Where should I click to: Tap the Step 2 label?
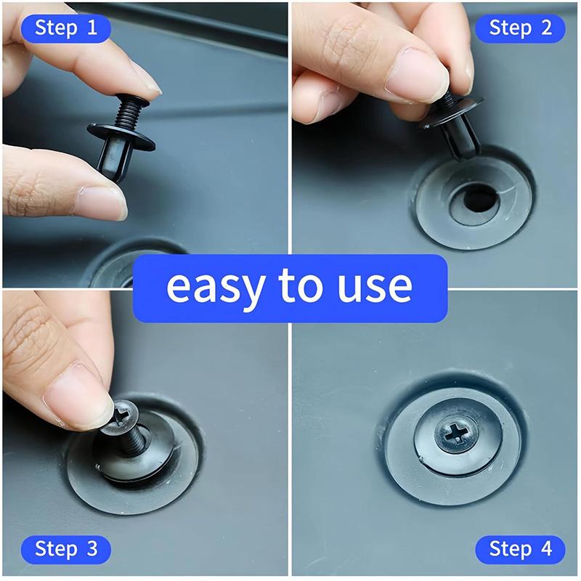point(521,28)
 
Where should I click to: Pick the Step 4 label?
point(521,548)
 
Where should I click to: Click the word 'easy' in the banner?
point(215,288)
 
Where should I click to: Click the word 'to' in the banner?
point(298,288)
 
